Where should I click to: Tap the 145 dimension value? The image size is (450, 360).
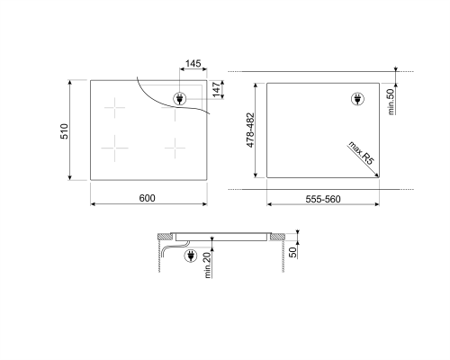click(x=192, y=65)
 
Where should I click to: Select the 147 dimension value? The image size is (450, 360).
click(x=216, y=90)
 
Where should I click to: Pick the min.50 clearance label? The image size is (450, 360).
click(x=391, y=100)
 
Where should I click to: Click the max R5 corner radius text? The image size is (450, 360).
click(x=361, y=158)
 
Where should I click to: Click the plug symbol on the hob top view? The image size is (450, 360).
click(x=179, y=98)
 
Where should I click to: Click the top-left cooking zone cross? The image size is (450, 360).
click(x=115, y=108)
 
